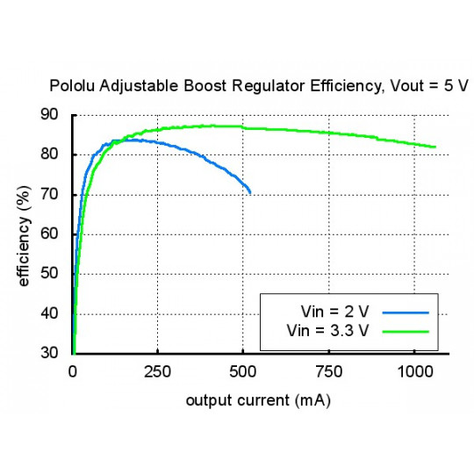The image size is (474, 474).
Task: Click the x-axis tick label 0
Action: pyautogui.click(x=73, y=371)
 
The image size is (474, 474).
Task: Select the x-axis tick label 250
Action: pyautogui.click(x=158, y=371)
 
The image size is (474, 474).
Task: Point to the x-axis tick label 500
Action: pyautogui.click(x=243, y=371)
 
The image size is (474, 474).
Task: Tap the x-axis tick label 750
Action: pyautogui.click(x=328, y=371)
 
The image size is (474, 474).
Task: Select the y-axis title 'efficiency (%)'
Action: pyautogui.click(x=24, y=234)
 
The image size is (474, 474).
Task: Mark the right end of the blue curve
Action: pyautogui.click(x=250, y=192)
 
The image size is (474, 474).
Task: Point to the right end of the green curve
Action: pyautogui.click(x=434, y=147)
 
